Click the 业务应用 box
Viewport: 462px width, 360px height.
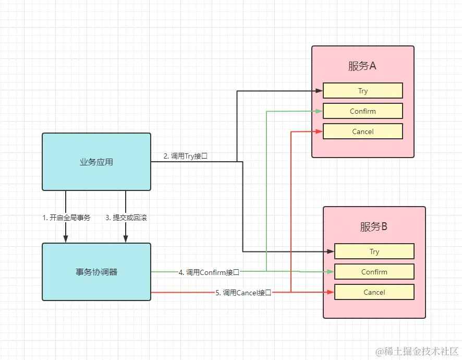pos(96,162)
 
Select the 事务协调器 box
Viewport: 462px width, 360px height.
pos(96,272)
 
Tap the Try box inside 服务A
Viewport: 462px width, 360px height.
pos(363,90)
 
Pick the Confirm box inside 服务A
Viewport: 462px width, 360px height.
pos(363,111)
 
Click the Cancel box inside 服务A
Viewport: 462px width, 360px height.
pos(363,131)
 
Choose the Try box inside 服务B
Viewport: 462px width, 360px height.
pos(374,251)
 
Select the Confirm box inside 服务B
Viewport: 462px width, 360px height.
pos(374,272)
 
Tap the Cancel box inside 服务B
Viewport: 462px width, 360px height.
pos(374,292)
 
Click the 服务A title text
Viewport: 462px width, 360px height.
pos(362,66)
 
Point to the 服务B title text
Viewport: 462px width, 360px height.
pos(373,227)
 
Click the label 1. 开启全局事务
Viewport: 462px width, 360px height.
pos(66,218)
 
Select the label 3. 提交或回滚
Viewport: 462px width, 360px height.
pos(126,218)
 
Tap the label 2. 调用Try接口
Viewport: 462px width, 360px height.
pos(186,156)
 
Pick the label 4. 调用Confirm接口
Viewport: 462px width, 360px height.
pos(209,272)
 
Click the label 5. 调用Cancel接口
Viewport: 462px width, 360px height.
pos(244,293)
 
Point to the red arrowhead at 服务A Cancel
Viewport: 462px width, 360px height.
pos(319,131)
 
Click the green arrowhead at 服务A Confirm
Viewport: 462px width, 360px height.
pos(319,111)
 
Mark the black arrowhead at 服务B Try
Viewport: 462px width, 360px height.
pos(331,251)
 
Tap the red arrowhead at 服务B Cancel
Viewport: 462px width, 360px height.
pos(331,292)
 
